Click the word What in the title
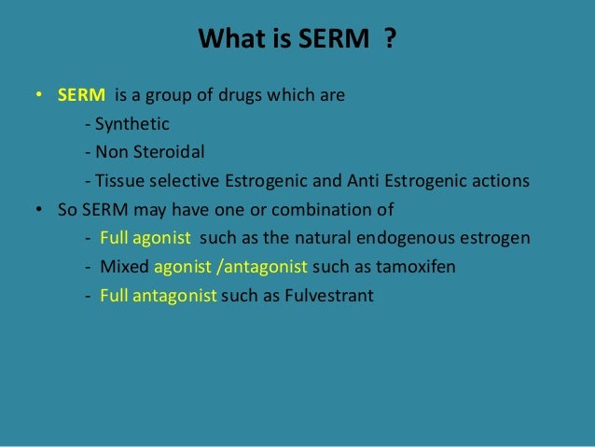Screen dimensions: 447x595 [x=225, y=40]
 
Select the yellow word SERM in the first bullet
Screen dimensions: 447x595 [x=80, y=94]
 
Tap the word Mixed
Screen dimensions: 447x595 [x=124, y=267]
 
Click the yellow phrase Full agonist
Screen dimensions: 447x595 [x=145, y=238]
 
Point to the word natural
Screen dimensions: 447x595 [x=339, y=238]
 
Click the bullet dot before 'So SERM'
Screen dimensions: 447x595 [x=39, y=210]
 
